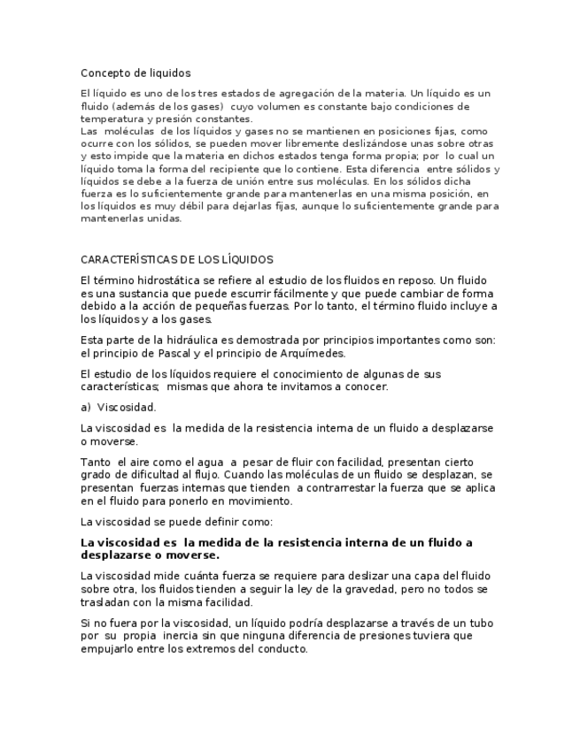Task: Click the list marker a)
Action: click(x=86, y=408)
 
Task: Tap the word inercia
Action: click(x=213, y=636)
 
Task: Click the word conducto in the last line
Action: click(x=280, y=648)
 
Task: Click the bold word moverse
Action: click(x=189, y=555)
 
